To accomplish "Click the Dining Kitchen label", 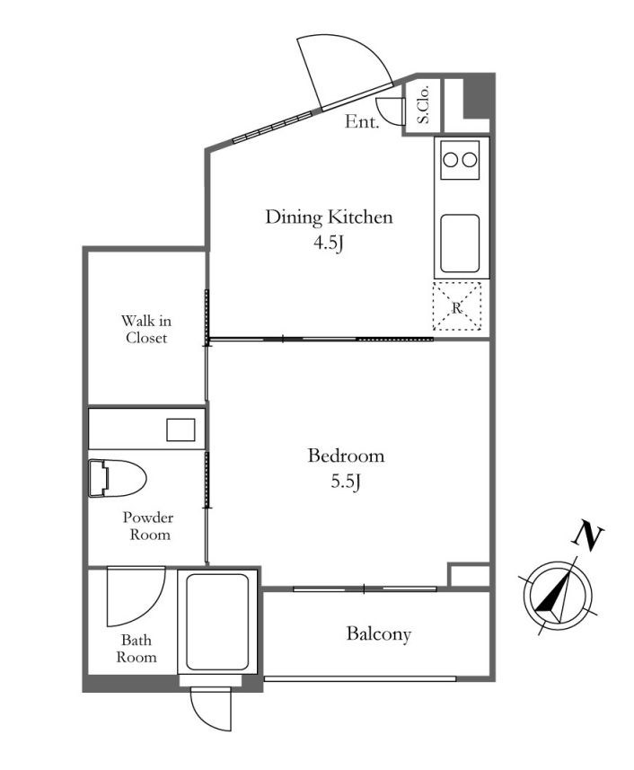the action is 329,217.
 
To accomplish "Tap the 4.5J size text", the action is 328,243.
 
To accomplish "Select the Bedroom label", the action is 346,456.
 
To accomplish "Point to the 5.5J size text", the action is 346,482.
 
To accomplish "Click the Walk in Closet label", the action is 146,330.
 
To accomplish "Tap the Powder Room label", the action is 148,526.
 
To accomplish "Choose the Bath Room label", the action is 136,649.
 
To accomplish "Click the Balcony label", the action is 378,634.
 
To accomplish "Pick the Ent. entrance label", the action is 362,121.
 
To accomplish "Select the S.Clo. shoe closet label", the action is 423,104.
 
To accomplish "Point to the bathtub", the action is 217,622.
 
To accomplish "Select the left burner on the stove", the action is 451,160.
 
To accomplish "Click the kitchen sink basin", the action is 460,243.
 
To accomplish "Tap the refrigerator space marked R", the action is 457,306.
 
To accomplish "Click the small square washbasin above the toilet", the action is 181,429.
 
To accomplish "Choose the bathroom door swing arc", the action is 152,609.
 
